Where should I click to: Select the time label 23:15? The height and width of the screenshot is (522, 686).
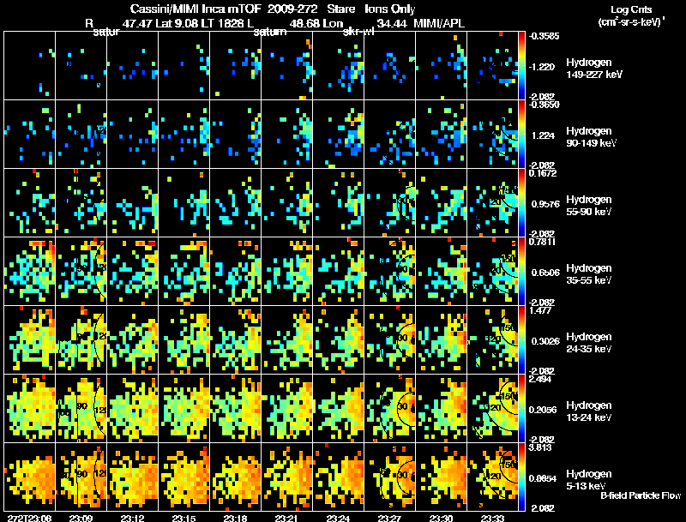[184, 518]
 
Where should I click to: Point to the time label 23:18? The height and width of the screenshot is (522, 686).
[236, 518]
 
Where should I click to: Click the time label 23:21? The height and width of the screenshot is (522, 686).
[287, 518]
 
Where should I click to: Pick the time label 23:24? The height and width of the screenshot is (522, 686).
[338, 518]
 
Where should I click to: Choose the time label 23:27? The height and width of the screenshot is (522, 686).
[390, 518]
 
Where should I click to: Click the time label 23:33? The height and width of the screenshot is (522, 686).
[493, 518]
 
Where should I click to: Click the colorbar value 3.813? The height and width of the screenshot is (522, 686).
[541, 447]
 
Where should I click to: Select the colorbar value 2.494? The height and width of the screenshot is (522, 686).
[541, 379]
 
